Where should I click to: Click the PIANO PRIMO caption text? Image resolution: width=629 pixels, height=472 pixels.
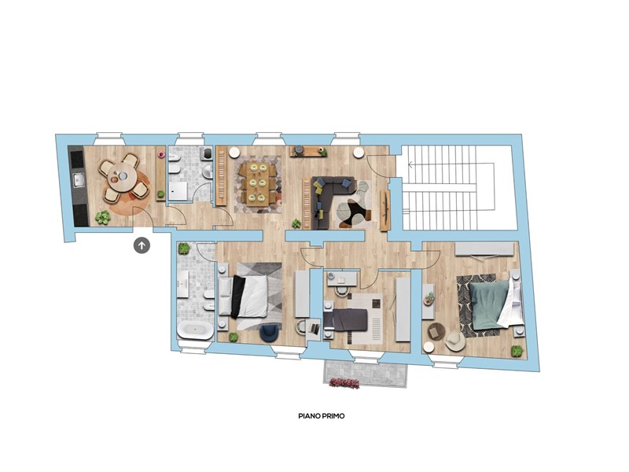(x=322, y=416)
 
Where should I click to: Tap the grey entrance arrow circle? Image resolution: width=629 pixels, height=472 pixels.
(x=142, y=245)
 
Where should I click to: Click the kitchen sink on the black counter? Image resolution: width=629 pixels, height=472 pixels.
(x=79, y=181)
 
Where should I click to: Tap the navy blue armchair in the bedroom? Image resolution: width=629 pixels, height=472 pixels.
(x=270, y=332)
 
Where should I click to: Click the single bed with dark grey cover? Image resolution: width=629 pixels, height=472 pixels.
(x=345, y=319)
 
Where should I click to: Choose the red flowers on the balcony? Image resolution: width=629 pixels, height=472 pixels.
(x=344, y=383)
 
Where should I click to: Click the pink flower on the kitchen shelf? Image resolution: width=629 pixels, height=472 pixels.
(x=162, y=154)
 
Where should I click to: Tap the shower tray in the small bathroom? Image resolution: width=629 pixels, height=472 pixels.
(x=178, y=190)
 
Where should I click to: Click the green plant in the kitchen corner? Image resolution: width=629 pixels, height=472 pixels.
(x=103, y=217)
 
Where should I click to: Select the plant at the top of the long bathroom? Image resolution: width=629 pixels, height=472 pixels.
(x=184, y=249)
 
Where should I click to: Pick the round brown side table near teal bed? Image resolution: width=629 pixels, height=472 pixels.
(x=436, y=331)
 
